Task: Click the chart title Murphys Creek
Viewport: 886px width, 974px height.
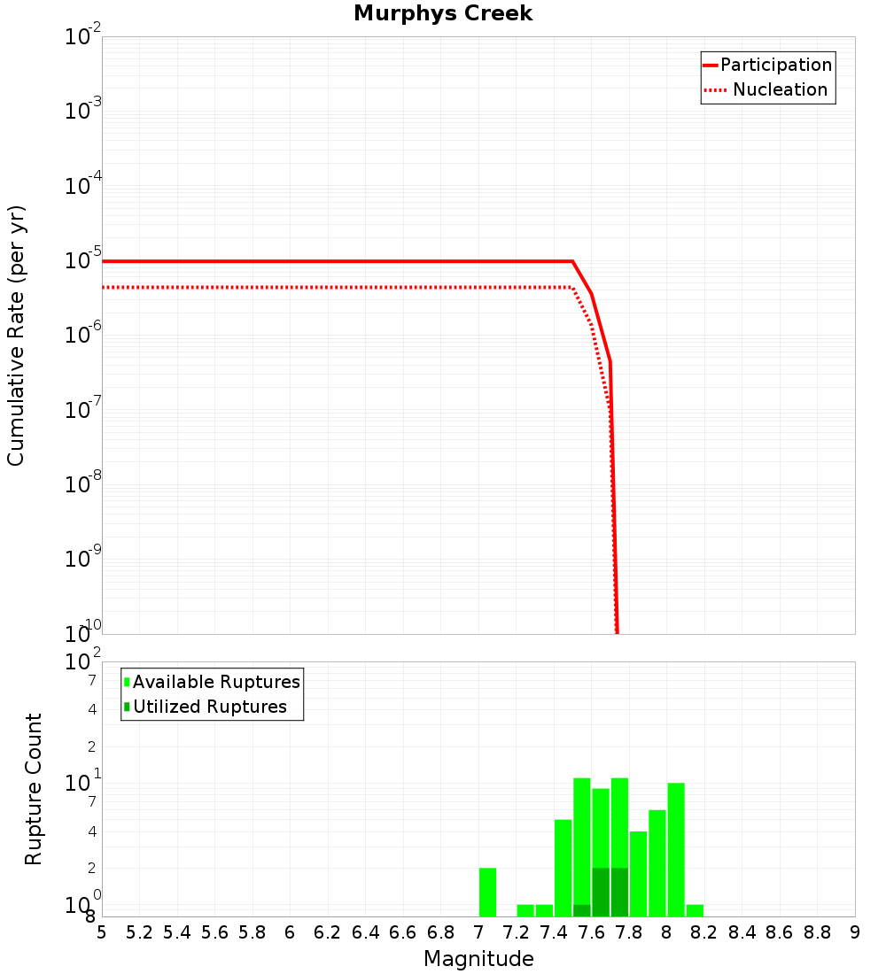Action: [443, 14]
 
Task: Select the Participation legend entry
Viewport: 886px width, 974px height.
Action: [775, 65]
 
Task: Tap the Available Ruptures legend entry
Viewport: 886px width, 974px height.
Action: [216, 682]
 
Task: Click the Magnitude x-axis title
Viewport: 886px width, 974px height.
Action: [478, 959]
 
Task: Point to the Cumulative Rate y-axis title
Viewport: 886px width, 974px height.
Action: [16, 335]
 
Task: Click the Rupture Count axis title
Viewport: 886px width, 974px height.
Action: [34, 789]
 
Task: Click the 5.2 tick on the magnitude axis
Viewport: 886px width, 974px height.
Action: [139, 932]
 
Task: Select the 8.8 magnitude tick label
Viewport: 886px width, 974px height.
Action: [817, 932]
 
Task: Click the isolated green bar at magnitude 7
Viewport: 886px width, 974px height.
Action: [487, 893]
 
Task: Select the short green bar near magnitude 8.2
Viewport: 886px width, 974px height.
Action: [695, 910]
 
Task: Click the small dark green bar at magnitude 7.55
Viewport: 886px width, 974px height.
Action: [582, 910]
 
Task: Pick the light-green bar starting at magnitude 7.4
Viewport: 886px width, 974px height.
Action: [563, 868]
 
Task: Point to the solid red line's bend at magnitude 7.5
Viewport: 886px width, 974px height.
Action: [572, 261]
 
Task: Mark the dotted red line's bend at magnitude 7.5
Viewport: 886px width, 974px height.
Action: [572, 287]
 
